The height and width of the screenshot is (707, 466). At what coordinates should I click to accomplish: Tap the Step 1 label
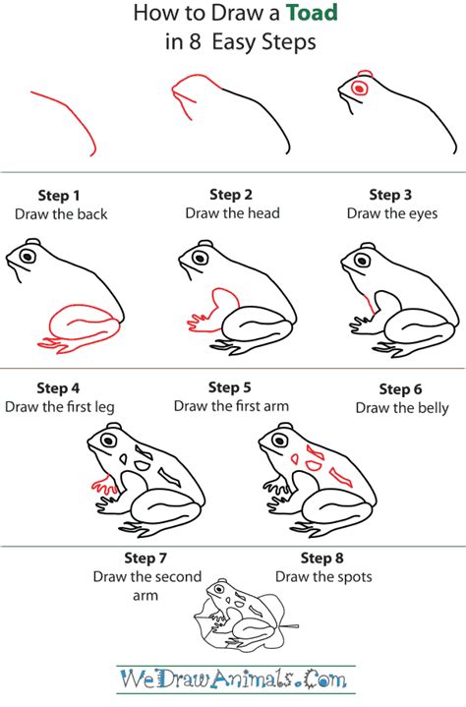coord(59,195)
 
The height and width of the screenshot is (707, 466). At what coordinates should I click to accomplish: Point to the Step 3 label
coord(390,195)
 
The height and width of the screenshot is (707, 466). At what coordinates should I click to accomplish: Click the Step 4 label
coord(58,387)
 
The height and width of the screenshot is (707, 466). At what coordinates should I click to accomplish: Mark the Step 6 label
coord(400,389)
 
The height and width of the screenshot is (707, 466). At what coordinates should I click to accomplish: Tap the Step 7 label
coord(146,559)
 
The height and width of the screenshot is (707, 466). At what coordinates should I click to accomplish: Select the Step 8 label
coord(323,559)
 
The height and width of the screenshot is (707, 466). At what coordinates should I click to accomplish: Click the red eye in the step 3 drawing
coord(359,88)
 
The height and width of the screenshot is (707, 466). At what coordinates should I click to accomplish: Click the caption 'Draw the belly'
coord(402,407)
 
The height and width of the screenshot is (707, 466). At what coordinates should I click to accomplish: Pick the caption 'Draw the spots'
coord(323,577)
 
